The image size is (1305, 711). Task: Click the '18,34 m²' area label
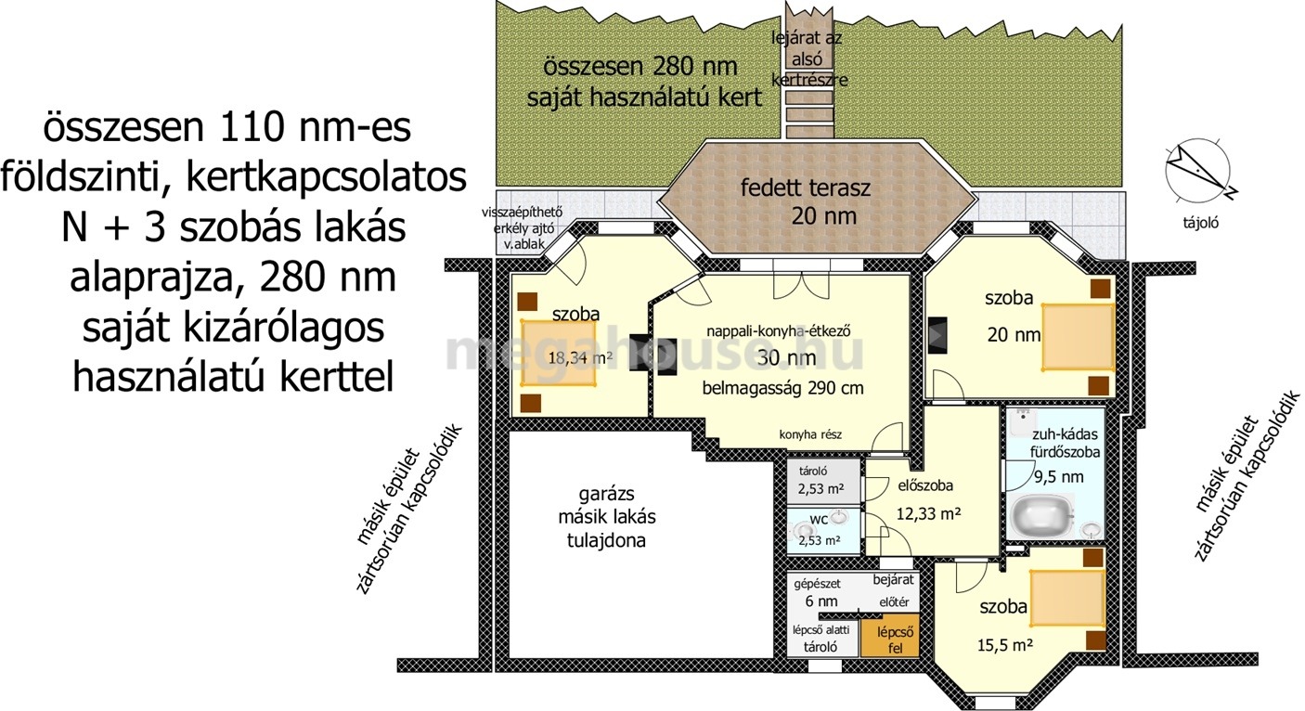pyautogui.click(x=580, y=357)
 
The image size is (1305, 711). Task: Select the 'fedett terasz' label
pyautogui.click(x=806, y=187)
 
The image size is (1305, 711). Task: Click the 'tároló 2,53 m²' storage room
pyautogui.click(x=823, y=481)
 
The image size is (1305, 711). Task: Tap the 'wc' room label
pyautogui.click(x=820, y=519)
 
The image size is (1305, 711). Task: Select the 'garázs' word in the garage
pyautogui.click(x=606, y=494)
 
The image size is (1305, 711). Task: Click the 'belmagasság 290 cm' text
pyautogui.click(x=782, y=388)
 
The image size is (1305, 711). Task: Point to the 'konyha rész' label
pyautogui.click(x=810, y=434)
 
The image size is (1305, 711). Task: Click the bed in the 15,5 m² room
pyautogui.click(x=1067, y=599)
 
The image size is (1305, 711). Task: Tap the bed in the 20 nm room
pyautogui.click(x=1079, y=337)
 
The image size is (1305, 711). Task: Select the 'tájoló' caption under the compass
pyautogui.click(x=1201, y=223)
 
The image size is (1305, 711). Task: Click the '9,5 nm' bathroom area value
pyautogui.click(x=1058, y=477)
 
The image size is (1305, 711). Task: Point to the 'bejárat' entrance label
pyautogui.click(x=893, y=580)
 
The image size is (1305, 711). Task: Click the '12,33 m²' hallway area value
pyautogui.click(x=928, y=513)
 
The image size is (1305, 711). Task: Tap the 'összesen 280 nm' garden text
pyautogui.click(x=640, y=67)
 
